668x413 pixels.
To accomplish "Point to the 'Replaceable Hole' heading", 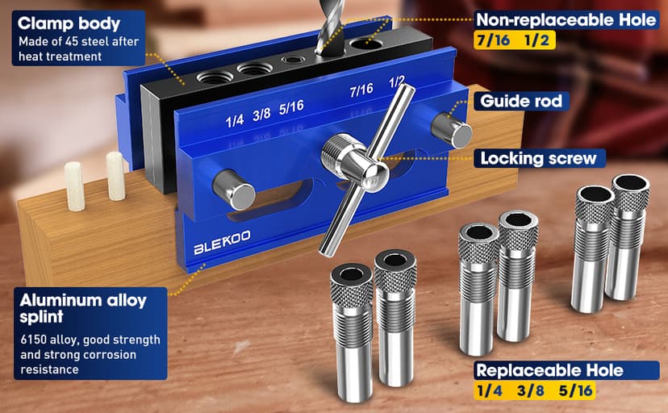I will [x=560, y=370].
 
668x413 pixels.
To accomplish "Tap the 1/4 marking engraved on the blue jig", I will [x=236, y=120].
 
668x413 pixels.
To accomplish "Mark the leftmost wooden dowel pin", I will [x=75, y=185].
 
